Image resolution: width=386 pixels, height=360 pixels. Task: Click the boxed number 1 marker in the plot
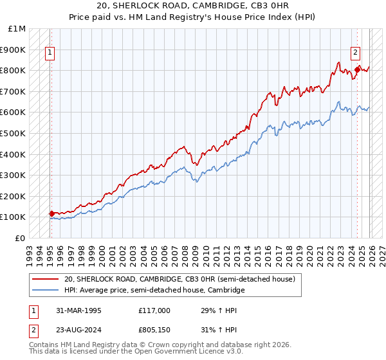(x=50, y=53)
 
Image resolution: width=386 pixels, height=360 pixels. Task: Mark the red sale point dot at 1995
(x=52, y=213)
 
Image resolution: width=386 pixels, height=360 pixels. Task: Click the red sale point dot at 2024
(x=357, y=69)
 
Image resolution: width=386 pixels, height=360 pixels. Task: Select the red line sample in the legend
(x=45, y=279)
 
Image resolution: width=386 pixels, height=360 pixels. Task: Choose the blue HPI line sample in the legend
(x=45, y=291)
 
